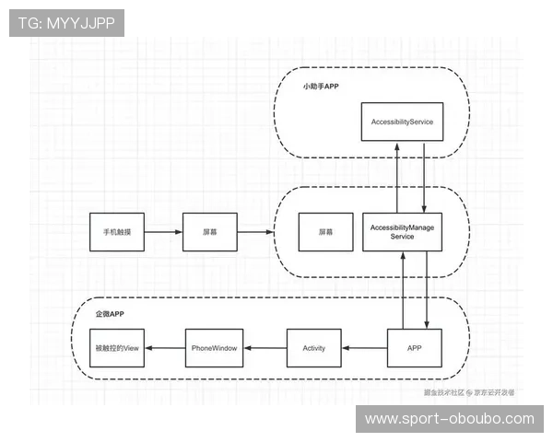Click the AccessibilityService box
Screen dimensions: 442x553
(402, 122)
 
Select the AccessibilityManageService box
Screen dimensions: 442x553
(402, 231)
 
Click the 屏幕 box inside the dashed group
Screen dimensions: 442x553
(325, 232)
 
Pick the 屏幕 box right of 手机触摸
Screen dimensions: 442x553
(210, 232)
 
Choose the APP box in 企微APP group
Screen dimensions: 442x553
(414, 348)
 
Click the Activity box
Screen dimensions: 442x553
(314, 348)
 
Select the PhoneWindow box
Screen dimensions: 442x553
(214, 348)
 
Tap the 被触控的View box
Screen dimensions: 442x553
(117, 348)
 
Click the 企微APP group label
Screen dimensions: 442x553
(110, 314)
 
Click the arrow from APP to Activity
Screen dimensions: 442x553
(363, 348)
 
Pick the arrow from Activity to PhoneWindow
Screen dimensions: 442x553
(265, 348)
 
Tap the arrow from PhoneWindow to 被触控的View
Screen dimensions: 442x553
(165, 348)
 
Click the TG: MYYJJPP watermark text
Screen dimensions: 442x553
(66, 22)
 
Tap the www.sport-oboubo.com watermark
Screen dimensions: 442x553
(449, 419)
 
